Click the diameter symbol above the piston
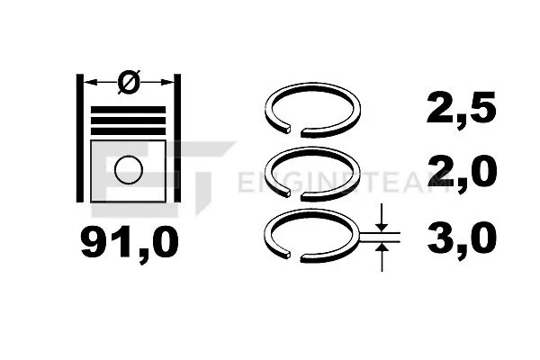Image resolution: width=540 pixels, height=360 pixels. tap(129, 82)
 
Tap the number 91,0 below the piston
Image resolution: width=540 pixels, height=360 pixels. tap(130, 244)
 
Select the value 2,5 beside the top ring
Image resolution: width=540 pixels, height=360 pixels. tap(461, 107)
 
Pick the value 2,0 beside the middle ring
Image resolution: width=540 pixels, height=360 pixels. tap(462, 171)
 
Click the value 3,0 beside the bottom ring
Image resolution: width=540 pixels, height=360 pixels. tap(462, 237)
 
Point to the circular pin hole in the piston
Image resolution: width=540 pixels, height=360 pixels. tap(129, 170)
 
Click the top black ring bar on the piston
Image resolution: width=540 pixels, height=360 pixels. tap(128, 110)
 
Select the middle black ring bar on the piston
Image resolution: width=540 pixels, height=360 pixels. tap(128, 121)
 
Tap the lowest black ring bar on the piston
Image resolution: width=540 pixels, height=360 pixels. tap(128, 131)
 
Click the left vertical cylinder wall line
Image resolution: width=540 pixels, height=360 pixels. tap(80, 138)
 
